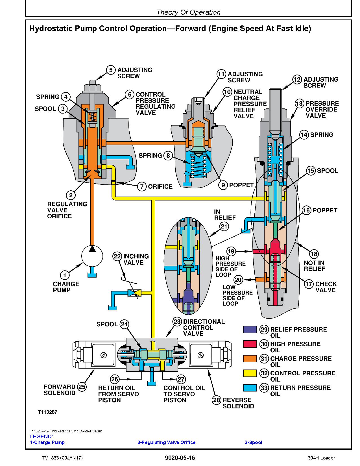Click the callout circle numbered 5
pos(111,70)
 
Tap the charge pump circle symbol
pos(92,256)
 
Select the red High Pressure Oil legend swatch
pos(250,344)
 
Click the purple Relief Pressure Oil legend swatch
pos(250,330)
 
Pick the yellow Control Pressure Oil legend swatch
pos(250,373)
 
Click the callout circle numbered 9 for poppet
pos(223,185)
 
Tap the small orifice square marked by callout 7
pos(114,182)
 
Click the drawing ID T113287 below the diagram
pos(47,412)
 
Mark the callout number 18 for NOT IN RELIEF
pos(314,254)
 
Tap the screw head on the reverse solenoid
pos(201,355)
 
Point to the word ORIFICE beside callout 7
pos(160,187)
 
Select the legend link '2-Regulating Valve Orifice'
pos(166,442)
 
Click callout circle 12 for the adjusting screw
pos(297,79)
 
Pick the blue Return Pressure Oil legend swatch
pos(250,388)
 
